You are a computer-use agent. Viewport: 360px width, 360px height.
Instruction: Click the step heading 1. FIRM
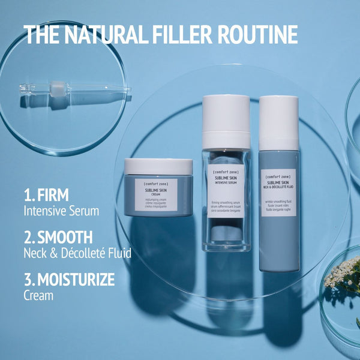click(46, 195)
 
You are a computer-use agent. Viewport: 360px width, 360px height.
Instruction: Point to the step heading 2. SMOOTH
click(58, 237)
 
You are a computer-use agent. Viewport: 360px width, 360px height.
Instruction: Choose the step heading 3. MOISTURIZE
click(69, 279)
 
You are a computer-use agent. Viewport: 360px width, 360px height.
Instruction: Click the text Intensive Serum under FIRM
click(61, 211)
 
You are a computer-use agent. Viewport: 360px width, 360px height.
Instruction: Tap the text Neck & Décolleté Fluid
click(77, 253)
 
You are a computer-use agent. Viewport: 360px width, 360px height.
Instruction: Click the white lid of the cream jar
click(158, 166)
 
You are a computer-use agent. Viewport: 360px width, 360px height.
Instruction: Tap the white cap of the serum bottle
click(226, 122)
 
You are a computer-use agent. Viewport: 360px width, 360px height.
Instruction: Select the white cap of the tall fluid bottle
click(279, 122)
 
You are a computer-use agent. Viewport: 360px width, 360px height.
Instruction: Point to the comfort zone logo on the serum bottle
click(226, 173)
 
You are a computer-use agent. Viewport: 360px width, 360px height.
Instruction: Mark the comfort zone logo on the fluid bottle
click(278, 178)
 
